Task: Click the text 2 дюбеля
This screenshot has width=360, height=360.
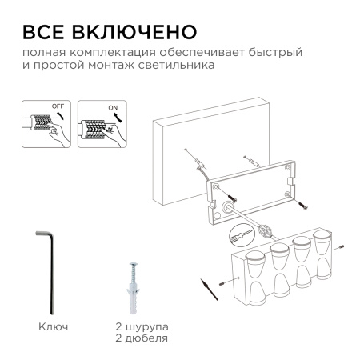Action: click(140, 338)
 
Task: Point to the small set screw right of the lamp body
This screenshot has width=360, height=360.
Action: click(342, 247)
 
